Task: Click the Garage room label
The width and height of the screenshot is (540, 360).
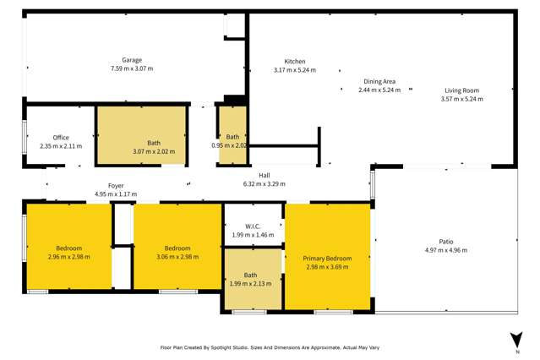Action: [x=131, y=60]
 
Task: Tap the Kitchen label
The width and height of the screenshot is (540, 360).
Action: [x=294, y=61]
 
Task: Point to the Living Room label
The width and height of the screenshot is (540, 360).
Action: [x=461, y=90]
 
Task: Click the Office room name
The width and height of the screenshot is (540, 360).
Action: [x=61, y=138]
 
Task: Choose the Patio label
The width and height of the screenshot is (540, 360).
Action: [x=445, y=241]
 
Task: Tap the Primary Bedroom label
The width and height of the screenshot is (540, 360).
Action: [x=327, y=258]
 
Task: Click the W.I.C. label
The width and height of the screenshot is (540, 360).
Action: [x=253, y=226]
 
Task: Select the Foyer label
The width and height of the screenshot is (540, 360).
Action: [x=116, y=185]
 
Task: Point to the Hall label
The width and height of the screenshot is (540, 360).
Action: [x=264, y=175]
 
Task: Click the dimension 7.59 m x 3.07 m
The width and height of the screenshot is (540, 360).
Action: [x=131, y=68]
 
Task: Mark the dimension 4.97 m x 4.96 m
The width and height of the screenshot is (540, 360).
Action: [x=445, y=250]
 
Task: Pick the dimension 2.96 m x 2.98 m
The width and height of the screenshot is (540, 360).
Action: [x=68, y=257]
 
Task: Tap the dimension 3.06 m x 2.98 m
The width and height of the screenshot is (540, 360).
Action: [x=177, y=257]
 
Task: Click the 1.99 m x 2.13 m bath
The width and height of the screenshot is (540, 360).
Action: [x=251, y=279]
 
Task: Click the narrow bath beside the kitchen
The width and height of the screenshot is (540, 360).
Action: [x=232, y=140]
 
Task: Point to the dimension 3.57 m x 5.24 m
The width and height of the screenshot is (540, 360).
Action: [x=461, y=99]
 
